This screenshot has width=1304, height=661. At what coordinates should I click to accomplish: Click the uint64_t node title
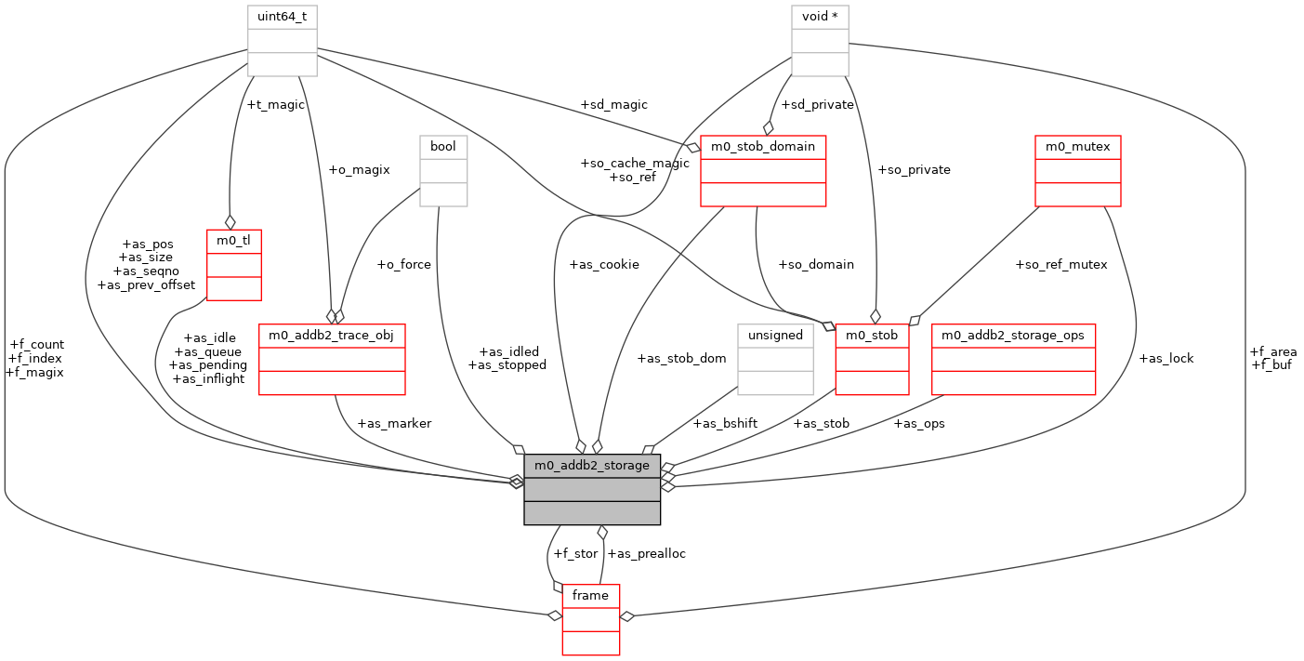click(283, 17)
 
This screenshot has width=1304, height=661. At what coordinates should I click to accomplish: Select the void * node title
click(820, 17)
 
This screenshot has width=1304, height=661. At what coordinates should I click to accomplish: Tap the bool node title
click(442, 147)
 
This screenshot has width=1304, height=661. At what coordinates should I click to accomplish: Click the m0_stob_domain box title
click(763, 147)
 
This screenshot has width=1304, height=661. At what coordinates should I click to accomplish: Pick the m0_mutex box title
click(1078, 147)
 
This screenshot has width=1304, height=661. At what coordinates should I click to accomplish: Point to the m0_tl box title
click(233, 241)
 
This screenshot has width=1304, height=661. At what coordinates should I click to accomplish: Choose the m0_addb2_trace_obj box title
click(331, 335)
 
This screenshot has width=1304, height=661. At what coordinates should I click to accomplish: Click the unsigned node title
click(775, 335)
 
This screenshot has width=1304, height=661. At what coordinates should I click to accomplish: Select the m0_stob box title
click(872, 335)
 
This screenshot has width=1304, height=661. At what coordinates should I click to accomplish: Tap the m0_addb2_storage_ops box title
click(1014, 335)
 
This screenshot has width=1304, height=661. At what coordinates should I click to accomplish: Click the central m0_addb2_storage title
click(592, 465)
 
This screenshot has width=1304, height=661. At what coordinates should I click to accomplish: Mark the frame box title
click(590, 595)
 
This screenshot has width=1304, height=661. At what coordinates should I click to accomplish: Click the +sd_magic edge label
click(612, 104)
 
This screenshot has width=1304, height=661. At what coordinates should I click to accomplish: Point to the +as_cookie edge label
click(605, 264)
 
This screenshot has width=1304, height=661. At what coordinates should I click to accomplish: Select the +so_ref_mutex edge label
click(1061, 264)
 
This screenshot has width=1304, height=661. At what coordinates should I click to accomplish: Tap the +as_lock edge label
click(1166, 358)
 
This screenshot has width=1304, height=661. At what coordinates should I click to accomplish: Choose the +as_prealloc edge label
click(646, 553)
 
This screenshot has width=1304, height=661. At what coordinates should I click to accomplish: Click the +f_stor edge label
click(575, 553)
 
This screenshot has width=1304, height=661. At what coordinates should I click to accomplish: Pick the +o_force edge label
click(403, 264)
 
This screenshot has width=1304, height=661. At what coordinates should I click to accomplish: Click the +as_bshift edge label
click(725, 423)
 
